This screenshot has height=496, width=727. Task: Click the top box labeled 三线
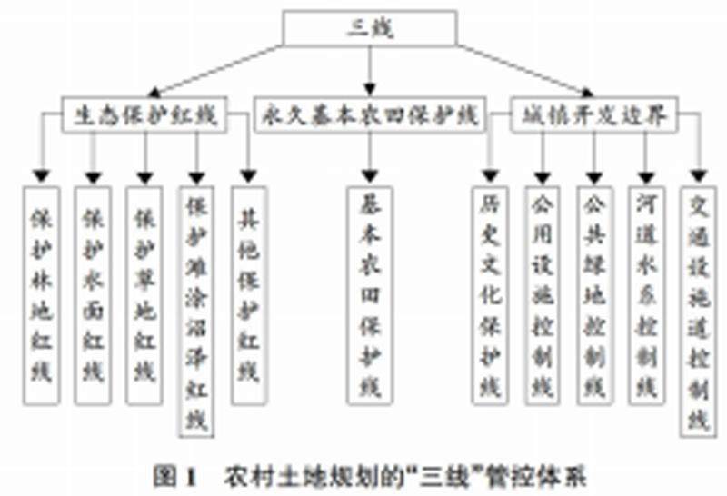(x=367, y=27)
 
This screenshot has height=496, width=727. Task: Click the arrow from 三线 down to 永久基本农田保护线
(x=368, y=69)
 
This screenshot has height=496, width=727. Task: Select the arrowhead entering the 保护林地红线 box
(x=40, y=175)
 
